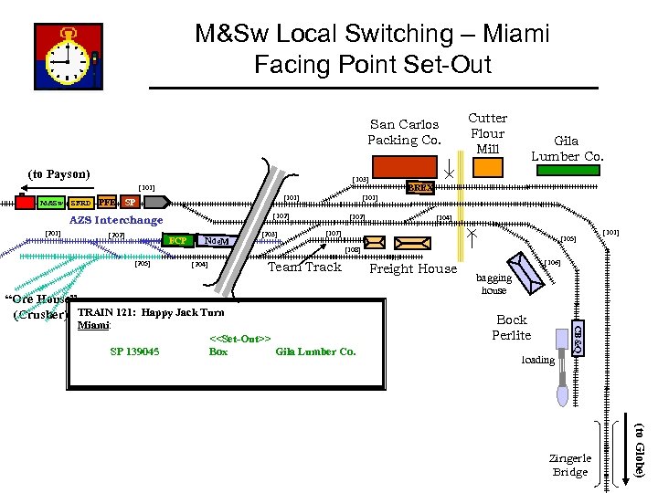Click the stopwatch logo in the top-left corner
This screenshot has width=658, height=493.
click(x=69, y=56)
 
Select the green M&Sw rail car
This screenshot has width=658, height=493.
click(x=50, y=202)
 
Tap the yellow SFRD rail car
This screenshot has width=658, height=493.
click(x=80, y=202)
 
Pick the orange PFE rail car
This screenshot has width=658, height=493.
click(x=107, y=202)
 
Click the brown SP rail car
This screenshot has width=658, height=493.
click(x=131, y=202)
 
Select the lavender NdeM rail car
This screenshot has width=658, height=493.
click(x=217, y=241)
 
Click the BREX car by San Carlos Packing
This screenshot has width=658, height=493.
click(x=420, y=187)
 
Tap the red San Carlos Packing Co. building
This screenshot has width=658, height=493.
click(x=406, y=166)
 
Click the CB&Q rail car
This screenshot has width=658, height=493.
click(x=577, y=337)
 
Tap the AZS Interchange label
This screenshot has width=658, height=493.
click(x=116, y=220)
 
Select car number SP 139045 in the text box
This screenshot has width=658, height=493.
click(x=134, y=351)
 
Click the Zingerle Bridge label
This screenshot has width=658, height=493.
click(x=570, y=465)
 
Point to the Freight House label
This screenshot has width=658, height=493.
click(x=413, y=268)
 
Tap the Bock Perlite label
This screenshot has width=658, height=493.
click(x=511, y=328)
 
